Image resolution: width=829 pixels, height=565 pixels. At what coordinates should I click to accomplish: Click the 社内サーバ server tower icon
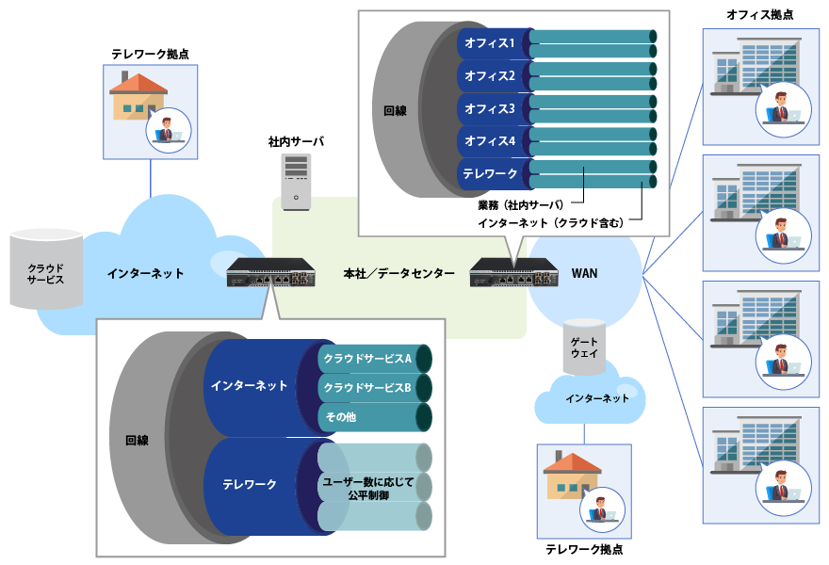pos(296,182)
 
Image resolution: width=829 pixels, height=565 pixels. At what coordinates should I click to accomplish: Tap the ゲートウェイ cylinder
pos(584,347)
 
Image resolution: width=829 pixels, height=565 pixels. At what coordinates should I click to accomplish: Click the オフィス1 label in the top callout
pos(490,43)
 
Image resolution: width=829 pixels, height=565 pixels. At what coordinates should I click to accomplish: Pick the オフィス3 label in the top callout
pos(490,109)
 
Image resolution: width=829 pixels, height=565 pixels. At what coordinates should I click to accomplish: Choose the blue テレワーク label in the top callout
pos(490,174)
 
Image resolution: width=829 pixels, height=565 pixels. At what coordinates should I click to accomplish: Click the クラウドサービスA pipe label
pos(367,359)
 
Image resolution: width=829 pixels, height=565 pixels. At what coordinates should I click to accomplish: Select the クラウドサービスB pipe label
pos(367,388)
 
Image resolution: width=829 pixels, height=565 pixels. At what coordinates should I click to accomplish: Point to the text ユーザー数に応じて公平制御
pos(367,488)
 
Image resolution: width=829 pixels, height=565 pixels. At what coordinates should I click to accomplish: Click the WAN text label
pos(584,274)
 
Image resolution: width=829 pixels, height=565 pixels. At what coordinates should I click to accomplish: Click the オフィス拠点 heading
pos(759,15)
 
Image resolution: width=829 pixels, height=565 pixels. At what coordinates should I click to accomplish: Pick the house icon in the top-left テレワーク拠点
pos(138,98)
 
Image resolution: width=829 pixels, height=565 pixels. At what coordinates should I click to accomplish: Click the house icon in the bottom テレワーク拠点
pos(572,476)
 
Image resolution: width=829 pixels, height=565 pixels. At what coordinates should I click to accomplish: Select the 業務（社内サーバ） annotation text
pos(520,204)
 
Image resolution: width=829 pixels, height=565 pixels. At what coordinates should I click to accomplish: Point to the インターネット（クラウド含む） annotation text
pos(550,223)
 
